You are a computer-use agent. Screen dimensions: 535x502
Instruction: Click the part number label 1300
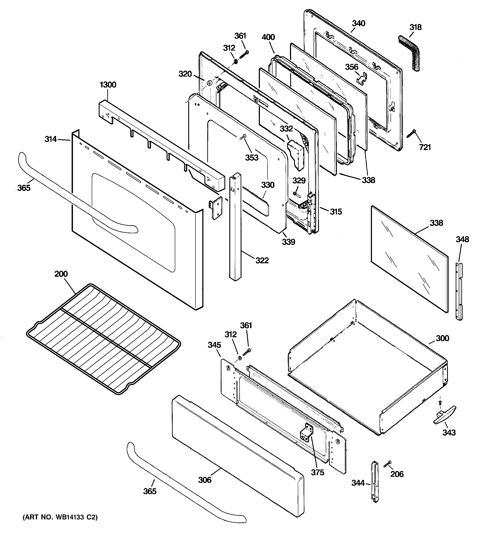tap(108, 85)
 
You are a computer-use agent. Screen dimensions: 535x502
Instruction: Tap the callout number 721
tap(425, 147)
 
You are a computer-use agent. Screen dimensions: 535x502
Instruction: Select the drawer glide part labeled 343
tap(445, 418)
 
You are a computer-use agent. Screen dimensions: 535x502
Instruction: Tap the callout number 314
tap(51, 139)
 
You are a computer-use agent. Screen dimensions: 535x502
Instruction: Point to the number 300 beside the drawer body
tap(442, 338)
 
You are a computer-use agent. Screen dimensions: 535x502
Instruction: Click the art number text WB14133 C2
tap(60, 517)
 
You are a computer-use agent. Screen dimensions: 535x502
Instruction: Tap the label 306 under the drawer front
tap(205, 480)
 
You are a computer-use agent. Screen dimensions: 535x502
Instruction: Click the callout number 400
tap(268, 37)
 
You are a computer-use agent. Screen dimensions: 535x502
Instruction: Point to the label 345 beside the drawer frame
tap(214, 345)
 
